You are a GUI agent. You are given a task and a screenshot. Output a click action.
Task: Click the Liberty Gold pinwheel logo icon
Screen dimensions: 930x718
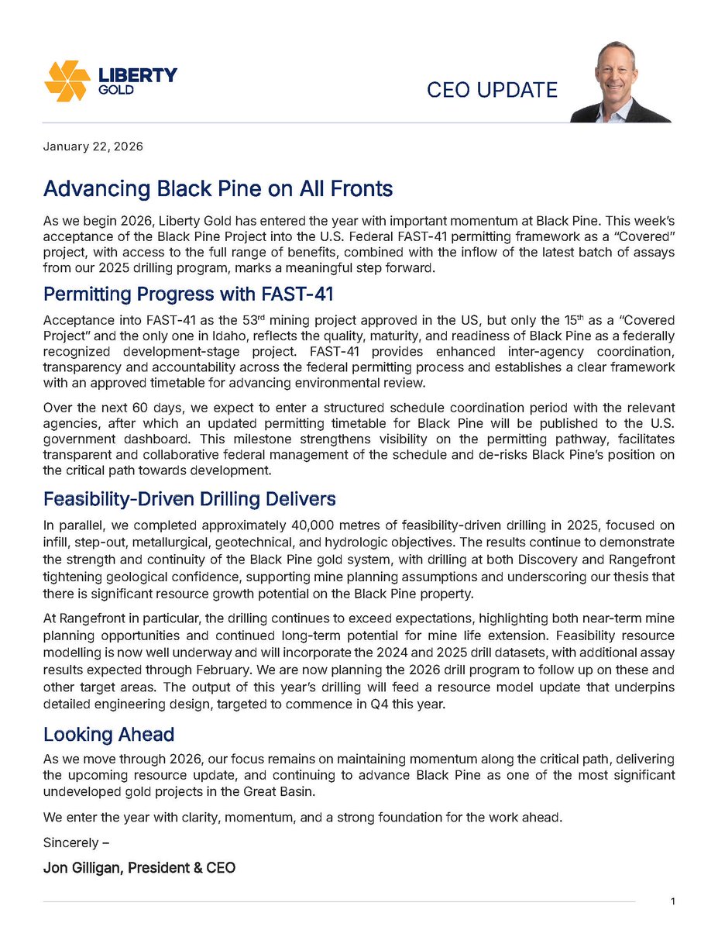click(67, 81)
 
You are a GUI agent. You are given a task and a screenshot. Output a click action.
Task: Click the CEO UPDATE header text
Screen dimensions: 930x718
click(492, 90)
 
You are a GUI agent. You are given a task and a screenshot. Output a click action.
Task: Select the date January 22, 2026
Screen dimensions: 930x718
click(93, 146)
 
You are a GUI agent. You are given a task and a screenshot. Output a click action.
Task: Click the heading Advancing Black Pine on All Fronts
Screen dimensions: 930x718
click(218, 188)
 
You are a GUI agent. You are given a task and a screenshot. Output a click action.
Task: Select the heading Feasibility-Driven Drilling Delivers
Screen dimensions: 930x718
click(189, 498)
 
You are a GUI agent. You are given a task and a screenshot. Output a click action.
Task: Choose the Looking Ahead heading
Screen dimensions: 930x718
click(108, 734)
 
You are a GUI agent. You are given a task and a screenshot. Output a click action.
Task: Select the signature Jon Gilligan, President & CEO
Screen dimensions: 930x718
click(139, 868)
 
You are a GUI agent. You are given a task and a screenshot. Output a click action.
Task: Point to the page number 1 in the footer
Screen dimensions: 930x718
click(673, 901)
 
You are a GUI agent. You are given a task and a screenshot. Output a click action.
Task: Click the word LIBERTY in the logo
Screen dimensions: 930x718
click(139, 75)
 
